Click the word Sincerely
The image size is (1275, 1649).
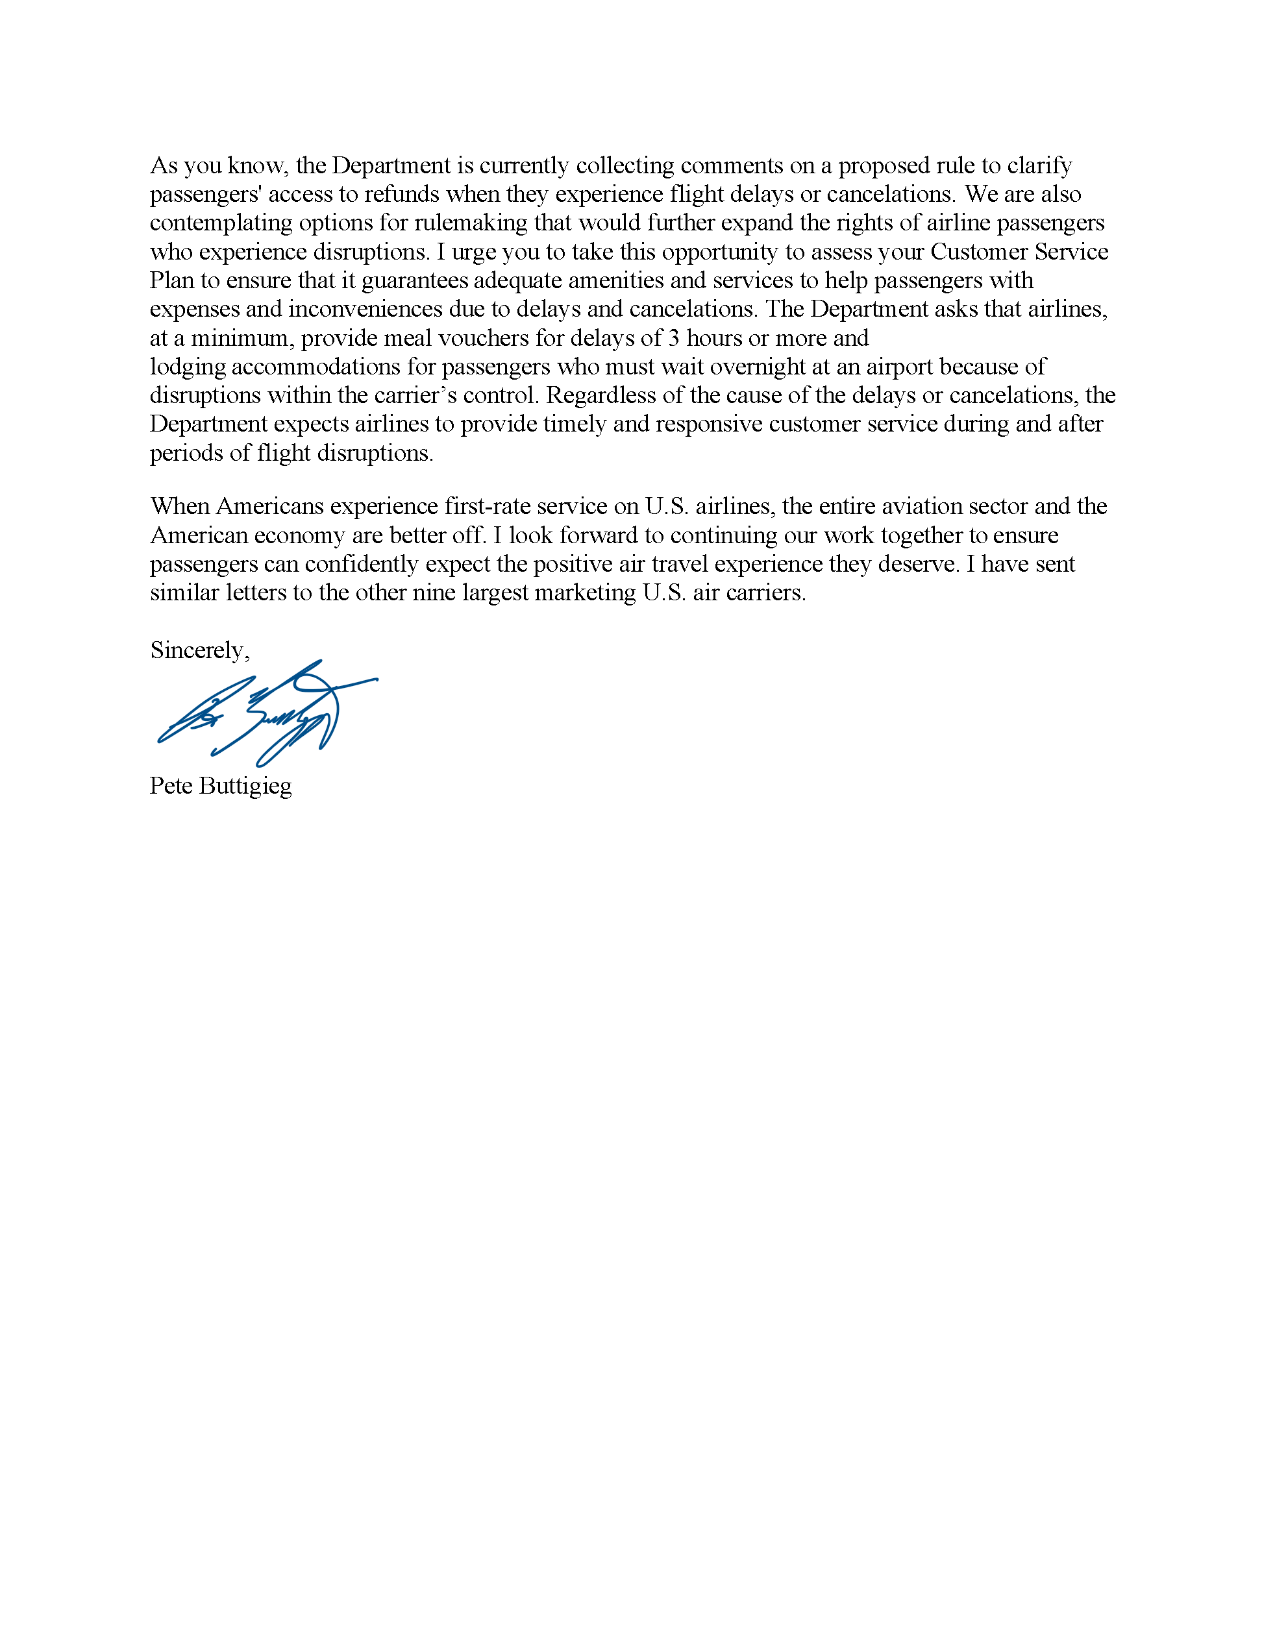(x=198, y=650)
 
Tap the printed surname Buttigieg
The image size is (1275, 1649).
(x=245, y=786)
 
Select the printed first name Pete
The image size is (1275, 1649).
(x=171, y=785)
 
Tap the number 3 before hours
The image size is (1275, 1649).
(x=674, y=337)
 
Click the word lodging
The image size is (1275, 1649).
(x=188, y=367)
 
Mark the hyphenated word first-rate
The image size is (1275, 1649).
(x=487, y=506)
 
